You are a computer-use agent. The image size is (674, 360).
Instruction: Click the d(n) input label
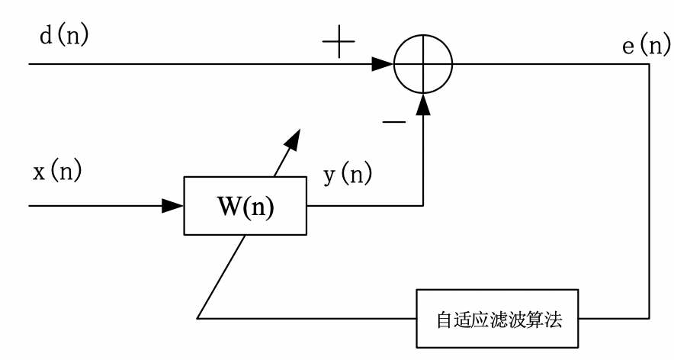63,37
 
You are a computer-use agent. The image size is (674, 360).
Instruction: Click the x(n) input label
57,172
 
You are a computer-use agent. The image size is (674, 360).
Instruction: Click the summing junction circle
423,65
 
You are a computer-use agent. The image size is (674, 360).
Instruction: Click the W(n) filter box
244,207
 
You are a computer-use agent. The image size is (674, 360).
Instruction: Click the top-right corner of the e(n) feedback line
650,65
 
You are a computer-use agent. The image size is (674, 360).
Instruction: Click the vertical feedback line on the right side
650,191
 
